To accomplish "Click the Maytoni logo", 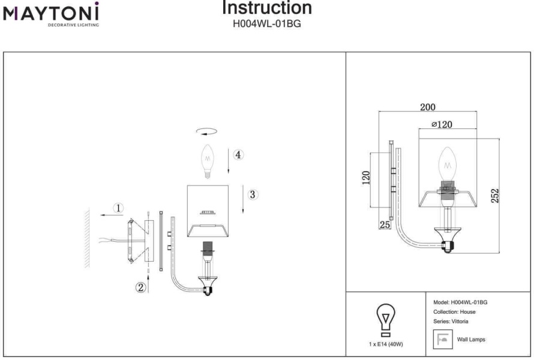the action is point(51,14).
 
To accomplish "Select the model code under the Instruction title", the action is point(266,24).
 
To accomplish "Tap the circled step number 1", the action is point(118,208).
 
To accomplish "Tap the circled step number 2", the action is point(140,287).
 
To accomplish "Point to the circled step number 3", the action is point(253,194).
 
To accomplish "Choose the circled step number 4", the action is point(238,155).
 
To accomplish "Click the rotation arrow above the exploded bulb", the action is point(207,131).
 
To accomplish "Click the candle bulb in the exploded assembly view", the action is point(208,161).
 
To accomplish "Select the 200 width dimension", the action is point(427,107).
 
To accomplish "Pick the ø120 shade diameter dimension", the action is point(442,124).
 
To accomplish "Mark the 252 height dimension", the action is point(494,196).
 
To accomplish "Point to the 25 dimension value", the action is point(385,225).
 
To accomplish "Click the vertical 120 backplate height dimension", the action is point(366,178).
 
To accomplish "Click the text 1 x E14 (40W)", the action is point(386,344).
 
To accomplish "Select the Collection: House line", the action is point(454,311).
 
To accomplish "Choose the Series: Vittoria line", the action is point(451,321).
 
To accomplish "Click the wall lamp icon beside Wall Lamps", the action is point(443,339).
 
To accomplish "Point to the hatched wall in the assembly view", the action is point(87,238).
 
